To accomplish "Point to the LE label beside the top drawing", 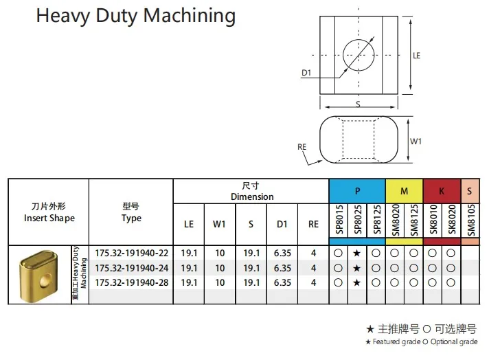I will pos(416,55).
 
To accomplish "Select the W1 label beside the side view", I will pos(416,141).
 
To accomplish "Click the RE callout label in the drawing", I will pos(302,146).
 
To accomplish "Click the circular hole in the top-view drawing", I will pos(359,55).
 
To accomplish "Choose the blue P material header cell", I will pos(357,191).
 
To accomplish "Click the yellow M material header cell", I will pos(405,191).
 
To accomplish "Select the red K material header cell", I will pos(442,191).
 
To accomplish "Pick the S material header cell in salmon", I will pos(470,191).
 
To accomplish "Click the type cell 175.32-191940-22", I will pos(130,254).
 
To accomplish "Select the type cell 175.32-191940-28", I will pos(130,282).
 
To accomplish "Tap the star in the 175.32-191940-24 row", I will pos(357,268).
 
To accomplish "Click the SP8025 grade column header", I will pos(357,220).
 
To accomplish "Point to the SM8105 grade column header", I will pos(470,220).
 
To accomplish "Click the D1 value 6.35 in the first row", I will pos(282,254).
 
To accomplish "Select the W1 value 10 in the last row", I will pos(220,282).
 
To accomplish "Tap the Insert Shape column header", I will pos(49,212).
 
